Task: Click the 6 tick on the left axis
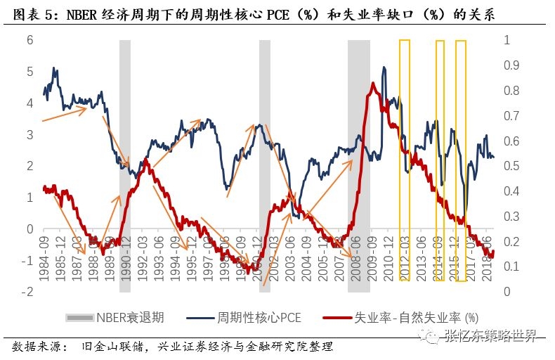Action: (x=29, y=40)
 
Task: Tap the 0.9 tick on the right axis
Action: (x=512, y=65)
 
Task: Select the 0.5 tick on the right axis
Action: (x=512, y=166)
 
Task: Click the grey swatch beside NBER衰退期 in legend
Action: (x=80, y=318)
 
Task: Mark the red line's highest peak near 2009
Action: (x=372, y=84)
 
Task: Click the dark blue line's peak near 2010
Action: (x=384, y=67)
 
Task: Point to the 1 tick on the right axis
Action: (x=507, y=40)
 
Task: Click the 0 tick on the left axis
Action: (x=29, y=229)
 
